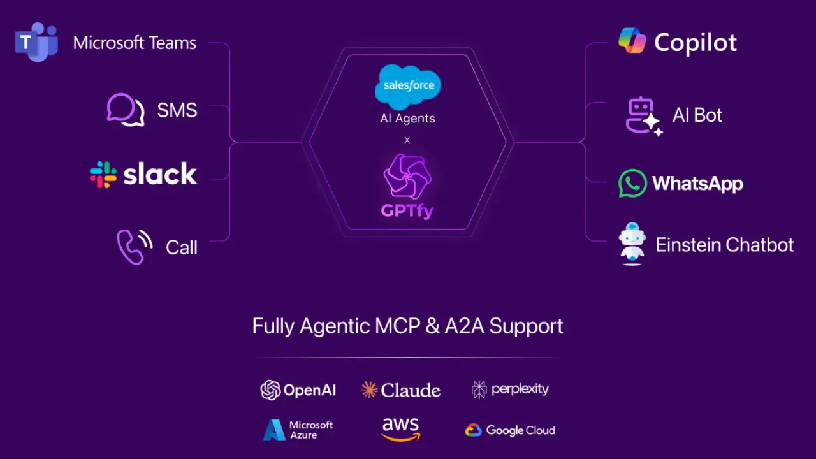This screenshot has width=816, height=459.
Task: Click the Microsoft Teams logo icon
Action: pyautogui.click(x=36, y=42)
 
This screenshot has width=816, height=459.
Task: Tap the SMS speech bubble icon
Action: pyautogui.click(x=125, y=110)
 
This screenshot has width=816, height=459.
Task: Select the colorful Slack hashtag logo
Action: pyautogui.click(x=103, y=174)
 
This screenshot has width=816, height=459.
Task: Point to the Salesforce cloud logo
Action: pyautogui.click(x=408, y=87)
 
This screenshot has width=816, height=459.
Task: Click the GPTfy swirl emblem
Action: pyautogui.click(x=407, y=178)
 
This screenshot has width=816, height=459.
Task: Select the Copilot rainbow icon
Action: pyautogui.click(x=632, y=41)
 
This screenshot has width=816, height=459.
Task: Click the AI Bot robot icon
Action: pyautogui.click(x=643, y=115)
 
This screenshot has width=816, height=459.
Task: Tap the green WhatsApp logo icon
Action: pyautogui.click(x=632, y=184)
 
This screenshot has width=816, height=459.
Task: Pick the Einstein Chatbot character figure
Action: pyautogui.click(x=632, y=244)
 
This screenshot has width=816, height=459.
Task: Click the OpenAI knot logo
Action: pyautogui.click(x=270, y=390)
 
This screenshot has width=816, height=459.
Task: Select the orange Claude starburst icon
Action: pyautogui.click(x=369, y=390)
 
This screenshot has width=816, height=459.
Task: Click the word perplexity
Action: pyautogui.click(x=520, y=389)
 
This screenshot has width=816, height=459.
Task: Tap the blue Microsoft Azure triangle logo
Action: pyautogui.click(x=274, y=430)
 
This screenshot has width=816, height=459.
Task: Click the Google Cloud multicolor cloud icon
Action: pyautogui.click(x=473, y=430)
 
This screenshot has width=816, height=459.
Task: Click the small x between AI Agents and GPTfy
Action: pyautogui.click(x=407, y=140)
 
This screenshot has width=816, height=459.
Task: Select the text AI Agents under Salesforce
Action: pyautogui.click(x=407, y=119)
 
